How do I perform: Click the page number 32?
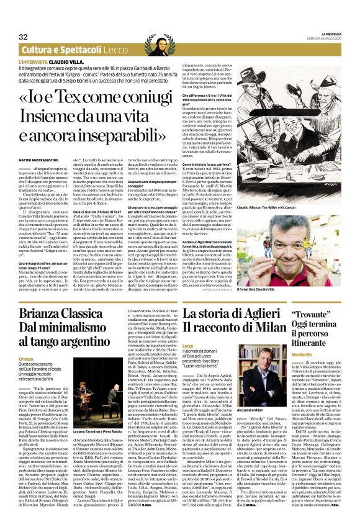click(24, 37)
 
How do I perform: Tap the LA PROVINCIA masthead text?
click(326, 33)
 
